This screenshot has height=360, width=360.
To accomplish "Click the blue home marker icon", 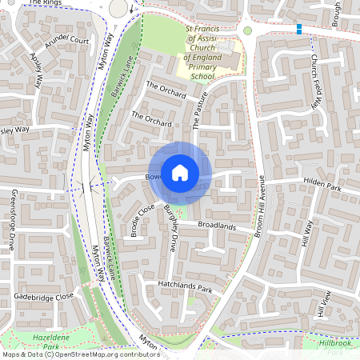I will tap(180, 172).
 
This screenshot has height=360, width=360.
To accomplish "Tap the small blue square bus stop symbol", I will tap(299, 30).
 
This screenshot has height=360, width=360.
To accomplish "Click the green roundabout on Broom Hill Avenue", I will tap(247, 30).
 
